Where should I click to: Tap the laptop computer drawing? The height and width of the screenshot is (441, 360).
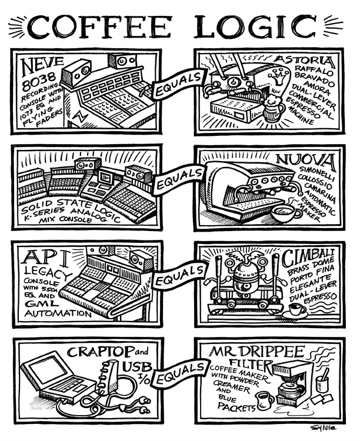(x=59, y=382)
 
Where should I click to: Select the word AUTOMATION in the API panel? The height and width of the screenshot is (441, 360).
(x=56, y=313)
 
